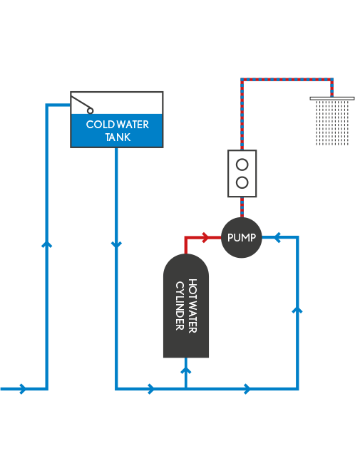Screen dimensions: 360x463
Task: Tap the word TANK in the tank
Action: click(118, 137)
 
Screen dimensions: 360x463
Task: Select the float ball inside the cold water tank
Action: click(90, 110)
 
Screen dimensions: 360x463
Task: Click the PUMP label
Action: click(242, 237)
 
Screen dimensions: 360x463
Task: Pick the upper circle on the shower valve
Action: click(242, 165)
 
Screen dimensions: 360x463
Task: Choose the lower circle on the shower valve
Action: click(242, 182)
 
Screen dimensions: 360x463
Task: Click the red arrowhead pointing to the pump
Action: click(205, 237)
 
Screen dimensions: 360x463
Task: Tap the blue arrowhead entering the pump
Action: click(277, 237)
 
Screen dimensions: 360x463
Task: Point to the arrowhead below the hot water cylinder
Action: click(185, 370)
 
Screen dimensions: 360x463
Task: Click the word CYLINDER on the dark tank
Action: click(180, 306)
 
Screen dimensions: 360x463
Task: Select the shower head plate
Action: click(332, 98)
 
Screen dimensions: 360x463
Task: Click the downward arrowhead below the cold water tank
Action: click(116, 245)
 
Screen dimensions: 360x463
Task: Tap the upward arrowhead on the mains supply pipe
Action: click(46, 244)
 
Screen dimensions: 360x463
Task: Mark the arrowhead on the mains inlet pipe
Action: click(23, 389)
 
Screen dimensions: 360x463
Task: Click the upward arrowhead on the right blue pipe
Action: click(297, 310)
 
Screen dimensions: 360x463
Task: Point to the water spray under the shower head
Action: click(332, 123)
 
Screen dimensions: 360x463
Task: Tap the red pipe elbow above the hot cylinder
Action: click(186, 237)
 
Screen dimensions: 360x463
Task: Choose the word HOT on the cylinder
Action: click(192, 287)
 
